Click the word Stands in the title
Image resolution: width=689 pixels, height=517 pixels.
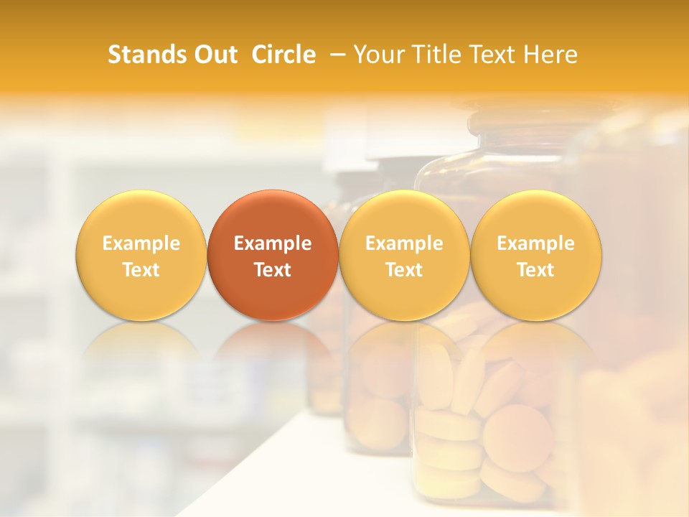pos(146,55)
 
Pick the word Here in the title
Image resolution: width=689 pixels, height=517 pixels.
pos(550,55)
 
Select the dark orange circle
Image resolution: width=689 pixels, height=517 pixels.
pos(273,255)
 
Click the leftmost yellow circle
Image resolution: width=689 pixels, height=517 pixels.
pos(141,255)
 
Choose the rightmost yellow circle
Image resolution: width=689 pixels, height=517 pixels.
pos(536,255)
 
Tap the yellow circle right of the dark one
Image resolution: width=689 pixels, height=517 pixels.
pos(404,255)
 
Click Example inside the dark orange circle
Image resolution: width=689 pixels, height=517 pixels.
pos(273,243)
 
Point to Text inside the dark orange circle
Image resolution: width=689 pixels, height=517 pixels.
pos(273,270)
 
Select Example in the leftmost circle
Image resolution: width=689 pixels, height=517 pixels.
pos(141,243)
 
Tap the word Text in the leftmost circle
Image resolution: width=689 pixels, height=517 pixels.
pos(141,270)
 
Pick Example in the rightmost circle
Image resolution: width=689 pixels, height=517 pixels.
pos(536,243)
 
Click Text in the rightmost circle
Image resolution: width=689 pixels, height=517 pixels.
pos(536,270)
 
